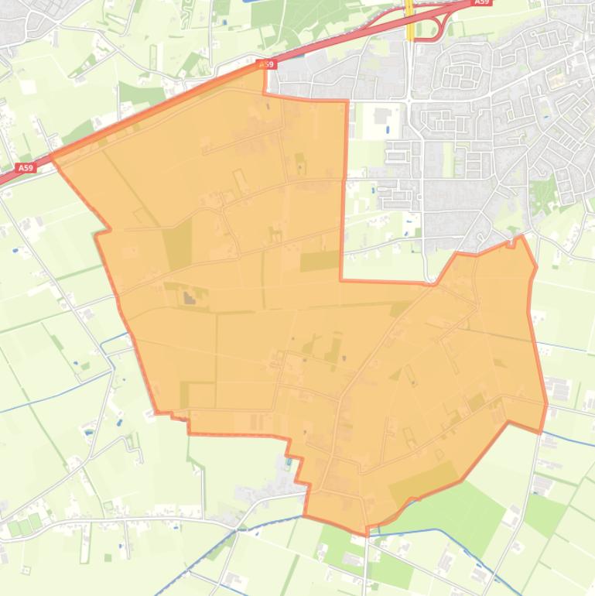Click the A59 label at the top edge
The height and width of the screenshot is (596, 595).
tap(481, 2)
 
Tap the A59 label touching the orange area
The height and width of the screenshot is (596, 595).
tap(267, 64)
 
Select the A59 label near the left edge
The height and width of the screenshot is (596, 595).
tap(26, 167)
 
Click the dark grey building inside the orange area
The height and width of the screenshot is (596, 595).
tap(190, 296)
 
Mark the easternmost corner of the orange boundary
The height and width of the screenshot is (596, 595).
tap(546, 403)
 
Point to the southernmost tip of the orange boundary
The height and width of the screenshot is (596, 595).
tap(367, 533)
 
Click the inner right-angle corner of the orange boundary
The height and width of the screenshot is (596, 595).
tap(341, 279)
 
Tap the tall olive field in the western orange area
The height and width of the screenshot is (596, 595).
tap(178, 244)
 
